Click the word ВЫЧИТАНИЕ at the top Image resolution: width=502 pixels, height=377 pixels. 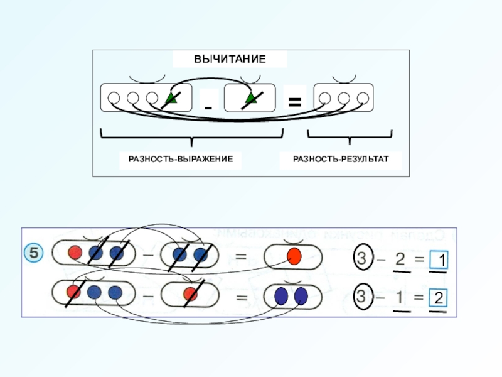[x=230, y=59]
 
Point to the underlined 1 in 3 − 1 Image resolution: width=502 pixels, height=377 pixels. [x=399, y=297]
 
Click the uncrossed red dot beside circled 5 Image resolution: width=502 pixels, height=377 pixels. [x=75, y=253]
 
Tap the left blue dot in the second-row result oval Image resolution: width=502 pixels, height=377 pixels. [x=282, y=295]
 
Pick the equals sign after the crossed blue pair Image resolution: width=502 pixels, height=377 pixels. [x=241, y=256]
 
